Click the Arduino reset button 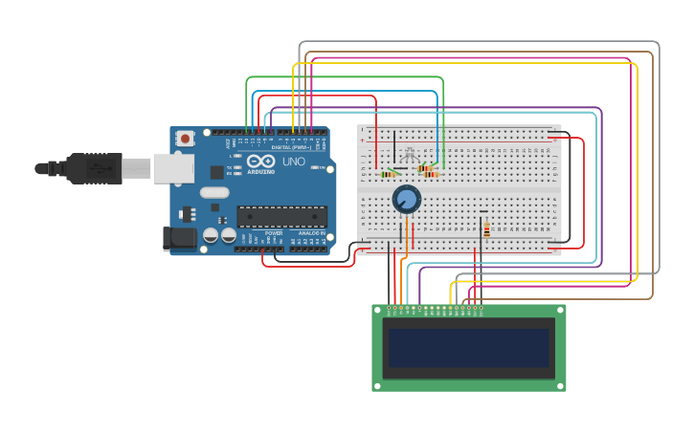tap(185, 139)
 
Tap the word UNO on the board tap(294, 162)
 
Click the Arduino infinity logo tap(260, 162)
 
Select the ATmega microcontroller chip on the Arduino tap(281, 217)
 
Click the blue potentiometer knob tap(407, 200)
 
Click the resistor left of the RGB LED tap(389, 174)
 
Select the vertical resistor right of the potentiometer tap(486, 229)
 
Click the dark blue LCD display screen tap(468, 348)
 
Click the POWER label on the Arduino tap(274, 233)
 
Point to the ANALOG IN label tap(311, 233)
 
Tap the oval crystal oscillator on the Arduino tap(214, 192)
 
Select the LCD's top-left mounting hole tap(378, 310)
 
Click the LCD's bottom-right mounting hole tap(560, 385)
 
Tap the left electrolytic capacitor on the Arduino tap(211, 235)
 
